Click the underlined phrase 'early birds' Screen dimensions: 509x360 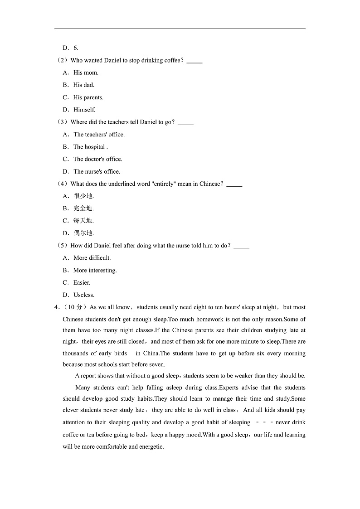(x=113, y=354)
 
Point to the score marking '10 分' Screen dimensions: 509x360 (x=76, y=307)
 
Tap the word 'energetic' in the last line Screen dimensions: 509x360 (x=150, y=446)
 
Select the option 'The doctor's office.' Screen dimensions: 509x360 (x=97, y=159)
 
